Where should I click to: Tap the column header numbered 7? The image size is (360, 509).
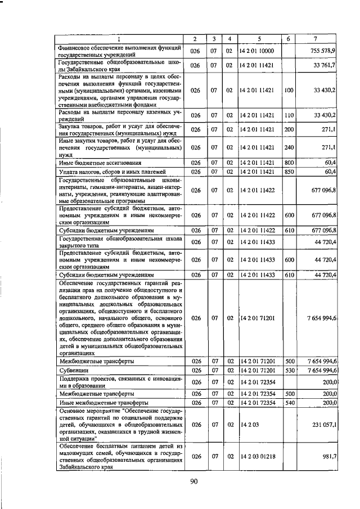316,39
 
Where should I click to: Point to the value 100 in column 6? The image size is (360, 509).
289,90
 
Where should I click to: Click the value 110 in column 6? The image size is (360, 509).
289,115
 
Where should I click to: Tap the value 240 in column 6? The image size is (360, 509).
289,147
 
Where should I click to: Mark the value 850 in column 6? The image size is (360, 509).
289,171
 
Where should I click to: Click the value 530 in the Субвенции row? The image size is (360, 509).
289,371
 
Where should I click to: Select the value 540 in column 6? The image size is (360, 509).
289,403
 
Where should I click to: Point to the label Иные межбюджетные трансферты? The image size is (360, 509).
103,403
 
